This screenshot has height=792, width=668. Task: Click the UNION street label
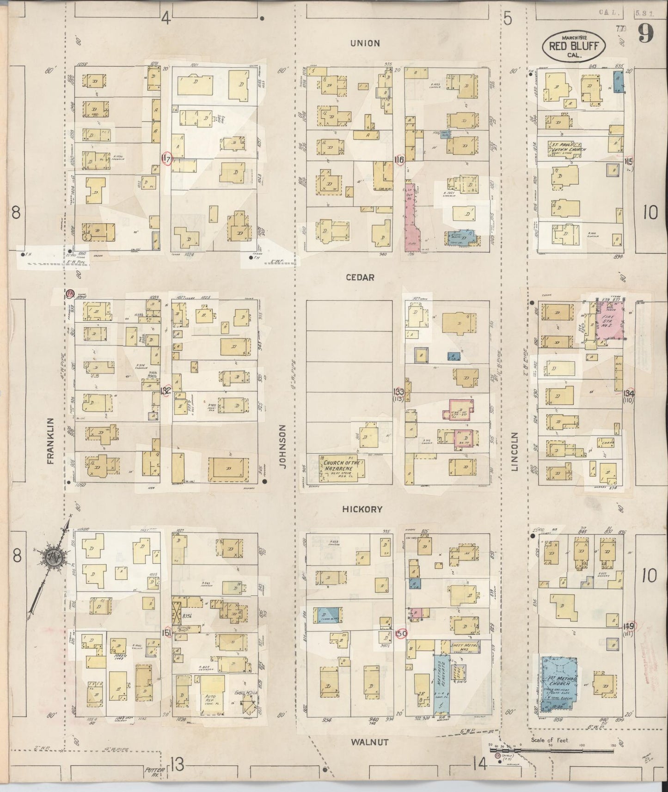(x=365, y=43)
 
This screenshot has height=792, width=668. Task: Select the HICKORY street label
(x=362, y=509)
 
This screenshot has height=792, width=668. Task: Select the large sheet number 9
(x=646, y=34)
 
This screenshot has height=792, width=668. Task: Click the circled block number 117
(x=166, y=159)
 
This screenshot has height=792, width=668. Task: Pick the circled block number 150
(x=401, y=633)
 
